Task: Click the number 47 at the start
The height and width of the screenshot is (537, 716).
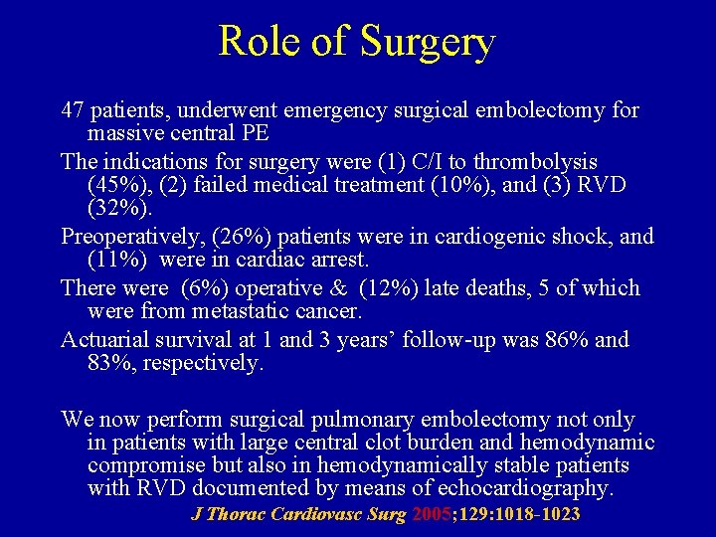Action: point(73,109)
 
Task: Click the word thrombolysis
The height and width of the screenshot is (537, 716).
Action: point(534,161)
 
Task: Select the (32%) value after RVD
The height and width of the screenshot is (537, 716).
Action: point(118,209)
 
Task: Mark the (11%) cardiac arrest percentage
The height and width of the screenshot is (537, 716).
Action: point(118,261)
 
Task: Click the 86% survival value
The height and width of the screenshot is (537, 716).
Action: point(568,340)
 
